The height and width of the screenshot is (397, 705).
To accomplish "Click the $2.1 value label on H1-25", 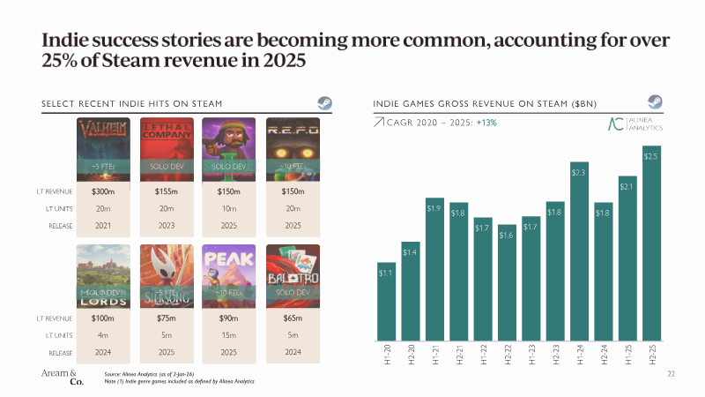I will (627, 185).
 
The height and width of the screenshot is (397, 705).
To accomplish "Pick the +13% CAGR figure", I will (487, 123).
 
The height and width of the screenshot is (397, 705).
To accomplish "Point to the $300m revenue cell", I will (104, 191).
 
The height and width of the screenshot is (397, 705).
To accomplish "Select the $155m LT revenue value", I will (167, 191).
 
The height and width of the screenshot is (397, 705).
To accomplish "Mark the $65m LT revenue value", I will (293, 318).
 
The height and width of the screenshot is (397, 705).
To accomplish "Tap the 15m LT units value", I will (229, 334).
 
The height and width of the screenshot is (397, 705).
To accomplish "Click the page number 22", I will (671, 375).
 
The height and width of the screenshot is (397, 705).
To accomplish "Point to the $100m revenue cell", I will (104, 318).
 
